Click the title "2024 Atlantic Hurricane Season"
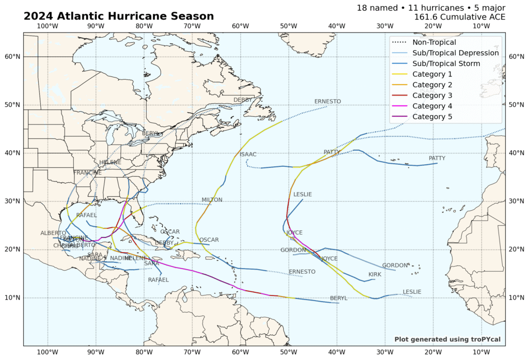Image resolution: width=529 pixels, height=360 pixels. (118, 17)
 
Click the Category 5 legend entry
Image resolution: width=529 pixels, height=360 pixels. (432, 117)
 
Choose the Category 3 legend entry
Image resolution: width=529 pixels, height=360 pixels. (432, 96)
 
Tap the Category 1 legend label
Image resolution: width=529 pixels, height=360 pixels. (432, 74)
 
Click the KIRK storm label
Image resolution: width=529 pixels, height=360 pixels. (375, 274)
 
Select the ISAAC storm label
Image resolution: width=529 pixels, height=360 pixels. (248, 154)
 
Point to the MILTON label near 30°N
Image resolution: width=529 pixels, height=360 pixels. (212, 200)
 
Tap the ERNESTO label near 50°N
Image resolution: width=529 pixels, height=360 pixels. (328, 101)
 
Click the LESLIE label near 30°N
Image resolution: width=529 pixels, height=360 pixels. (303, 195)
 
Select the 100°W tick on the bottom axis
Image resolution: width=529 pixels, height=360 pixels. (48, 352)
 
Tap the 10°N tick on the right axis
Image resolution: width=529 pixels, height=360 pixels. (516, 298)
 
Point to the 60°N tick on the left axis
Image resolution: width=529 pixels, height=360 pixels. (12, 57)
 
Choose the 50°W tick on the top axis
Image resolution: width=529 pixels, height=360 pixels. (288, 26)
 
